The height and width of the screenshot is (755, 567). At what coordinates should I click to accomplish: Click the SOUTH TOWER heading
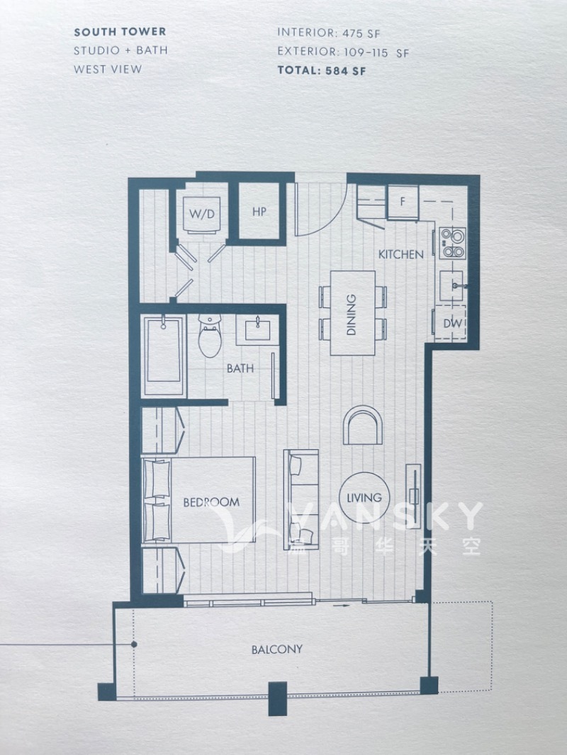point(120,32)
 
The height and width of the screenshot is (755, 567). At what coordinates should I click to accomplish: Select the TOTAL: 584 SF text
point(322,70)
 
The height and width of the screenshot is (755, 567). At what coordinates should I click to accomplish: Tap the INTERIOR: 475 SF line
point(329,33)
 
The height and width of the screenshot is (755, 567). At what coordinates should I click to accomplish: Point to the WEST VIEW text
point(108,69)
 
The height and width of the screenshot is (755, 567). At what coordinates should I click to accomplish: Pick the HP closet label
point(259,212)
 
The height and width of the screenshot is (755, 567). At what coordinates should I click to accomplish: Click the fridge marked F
point(403,203)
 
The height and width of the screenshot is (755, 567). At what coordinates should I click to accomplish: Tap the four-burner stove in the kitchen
point(453,243)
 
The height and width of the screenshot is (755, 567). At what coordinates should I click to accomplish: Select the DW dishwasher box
point(451,323)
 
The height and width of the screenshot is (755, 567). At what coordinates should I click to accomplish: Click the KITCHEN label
point(401,254)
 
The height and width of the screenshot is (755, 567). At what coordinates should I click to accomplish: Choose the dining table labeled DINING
point(353,313)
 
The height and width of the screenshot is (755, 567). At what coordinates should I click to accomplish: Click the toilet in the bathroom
point(210,335)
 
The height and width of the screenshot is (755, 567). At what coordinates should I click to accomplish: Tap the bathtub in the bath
point(164,356)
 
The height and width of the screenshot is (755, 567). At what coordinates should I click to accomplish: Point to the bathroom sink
point(257,330)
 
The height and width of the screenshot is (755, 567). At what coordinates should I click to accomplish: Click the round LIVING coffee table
point(364,497)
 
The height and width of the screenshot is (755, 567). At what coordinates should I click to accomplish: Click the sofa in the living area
point(301,500)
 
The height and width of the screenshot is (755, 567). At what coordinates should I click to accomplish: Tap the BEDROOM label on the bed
point(211,502)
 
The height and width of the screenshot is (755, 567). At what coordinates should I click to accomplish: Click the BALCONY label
point(277,649)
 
